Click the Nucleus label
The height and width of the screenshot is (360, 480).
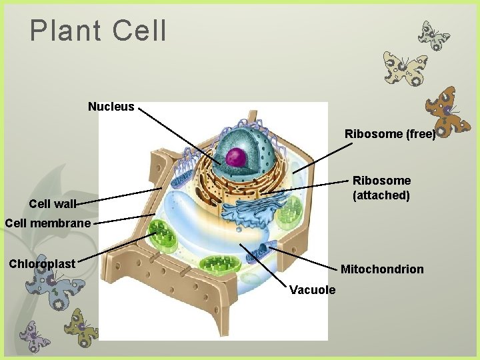pos(111,107)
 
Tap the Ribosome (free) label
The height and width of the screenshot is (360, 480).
pos(389,134)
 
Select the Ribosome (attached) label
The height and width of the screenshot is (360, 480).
pos(381,188)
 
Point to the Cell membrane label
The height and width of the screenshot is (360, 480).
pos(47,223)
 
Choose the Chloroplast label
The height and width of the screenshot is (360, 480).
pos(42,263)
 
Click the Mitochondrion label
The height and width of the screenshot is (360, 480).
pos(381,269)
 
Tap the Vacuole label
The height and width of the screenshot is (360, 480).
pos(313,290)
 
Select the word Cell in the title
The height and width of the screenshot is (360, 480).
pos(140,31)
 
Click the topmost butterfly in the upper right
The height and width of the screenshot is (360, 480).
pos(433,35)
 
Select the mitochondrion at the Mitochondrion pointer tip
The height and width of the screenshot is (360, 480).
pos(259,251)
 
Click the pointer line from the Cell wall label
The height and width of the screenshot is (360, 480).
pos(120,196)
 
